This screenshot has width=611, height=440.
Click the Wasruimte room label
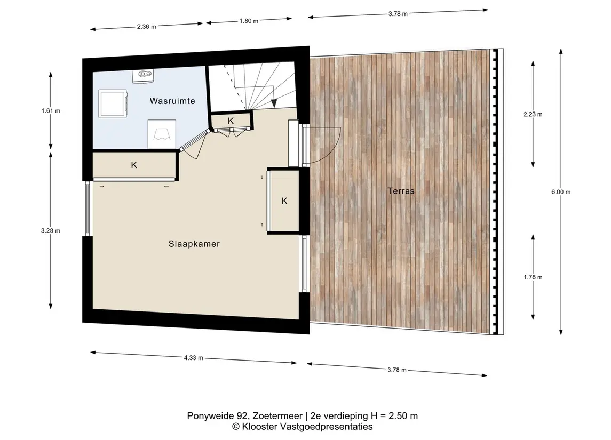click(172, 101)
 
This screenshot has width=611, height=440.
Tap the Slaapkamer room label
click(194, 244)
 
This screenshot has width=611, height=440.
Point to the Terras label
click(401, 191)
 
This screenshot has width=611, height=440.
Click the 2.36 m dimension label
click(147, 27)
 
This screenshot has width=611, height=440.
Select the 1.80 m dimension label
click(249, 21)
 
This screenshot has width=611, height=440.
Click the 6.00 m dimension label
click(561, 192)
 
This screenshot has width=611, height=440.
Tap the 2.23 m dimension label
click(533, 114)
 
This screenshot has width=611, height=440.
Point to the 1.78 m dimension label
click(533, 277)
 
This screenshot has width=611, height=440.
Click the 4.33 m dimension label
click(194, 357)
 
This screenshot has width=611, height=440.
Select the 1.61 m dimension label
click(51, 110)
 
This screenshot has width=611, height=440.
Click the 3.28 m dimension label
click(51, 230)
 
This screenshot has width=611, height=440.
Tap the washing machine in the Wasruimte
click(113, 103)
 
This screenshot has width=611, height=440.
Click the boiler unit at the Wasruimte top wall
click(143, 76)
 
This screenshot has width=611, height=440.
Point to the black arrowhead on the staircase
click(274, 103)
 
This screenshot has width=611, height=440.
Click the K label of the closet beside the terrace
click(284, 201)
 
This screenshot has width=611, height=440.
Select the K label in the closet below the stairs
click(231, 121)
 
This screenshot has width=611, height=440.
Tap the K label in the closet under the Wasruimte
click(134, 165)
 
